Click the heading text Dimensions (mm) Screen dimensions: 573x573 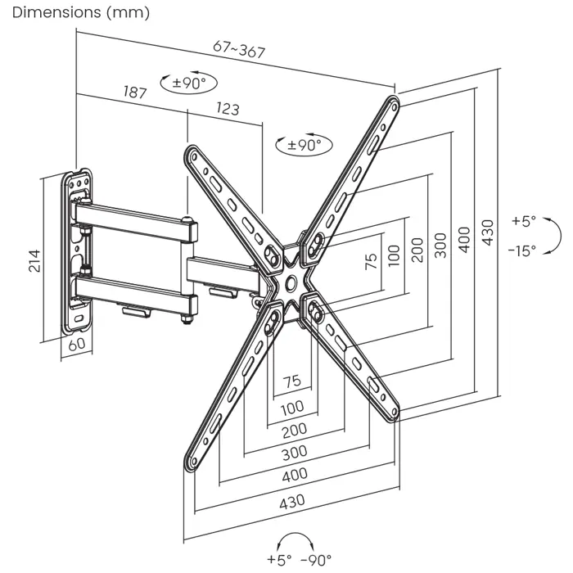click(70, 12)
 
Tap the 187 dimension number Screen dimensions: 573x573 click(135, 92)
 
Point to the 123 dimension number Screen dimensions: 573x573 click(228, 108)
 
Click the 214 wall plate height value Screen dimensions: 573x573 click(34, 259)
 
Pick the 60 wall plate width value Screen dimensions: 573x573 click(77, 344)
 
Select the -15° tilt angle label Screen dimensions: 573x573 click(522, 250)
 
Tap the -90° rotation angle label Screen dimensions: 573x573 click(316, 560)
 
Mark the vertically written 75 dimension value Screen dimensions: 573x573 click(371, 261)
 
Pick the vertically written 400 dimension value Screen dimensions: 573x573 click(464, 239)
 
